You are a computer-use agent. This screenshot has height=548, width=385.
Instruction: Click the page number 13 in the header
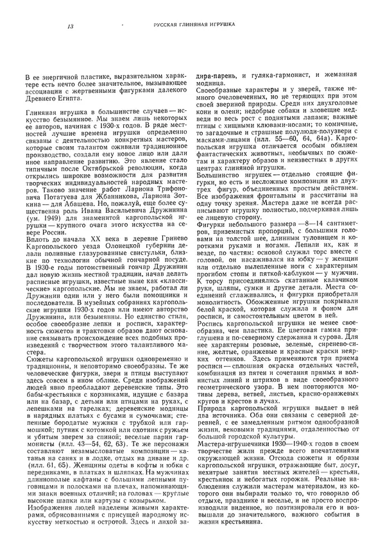(70, 26)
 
